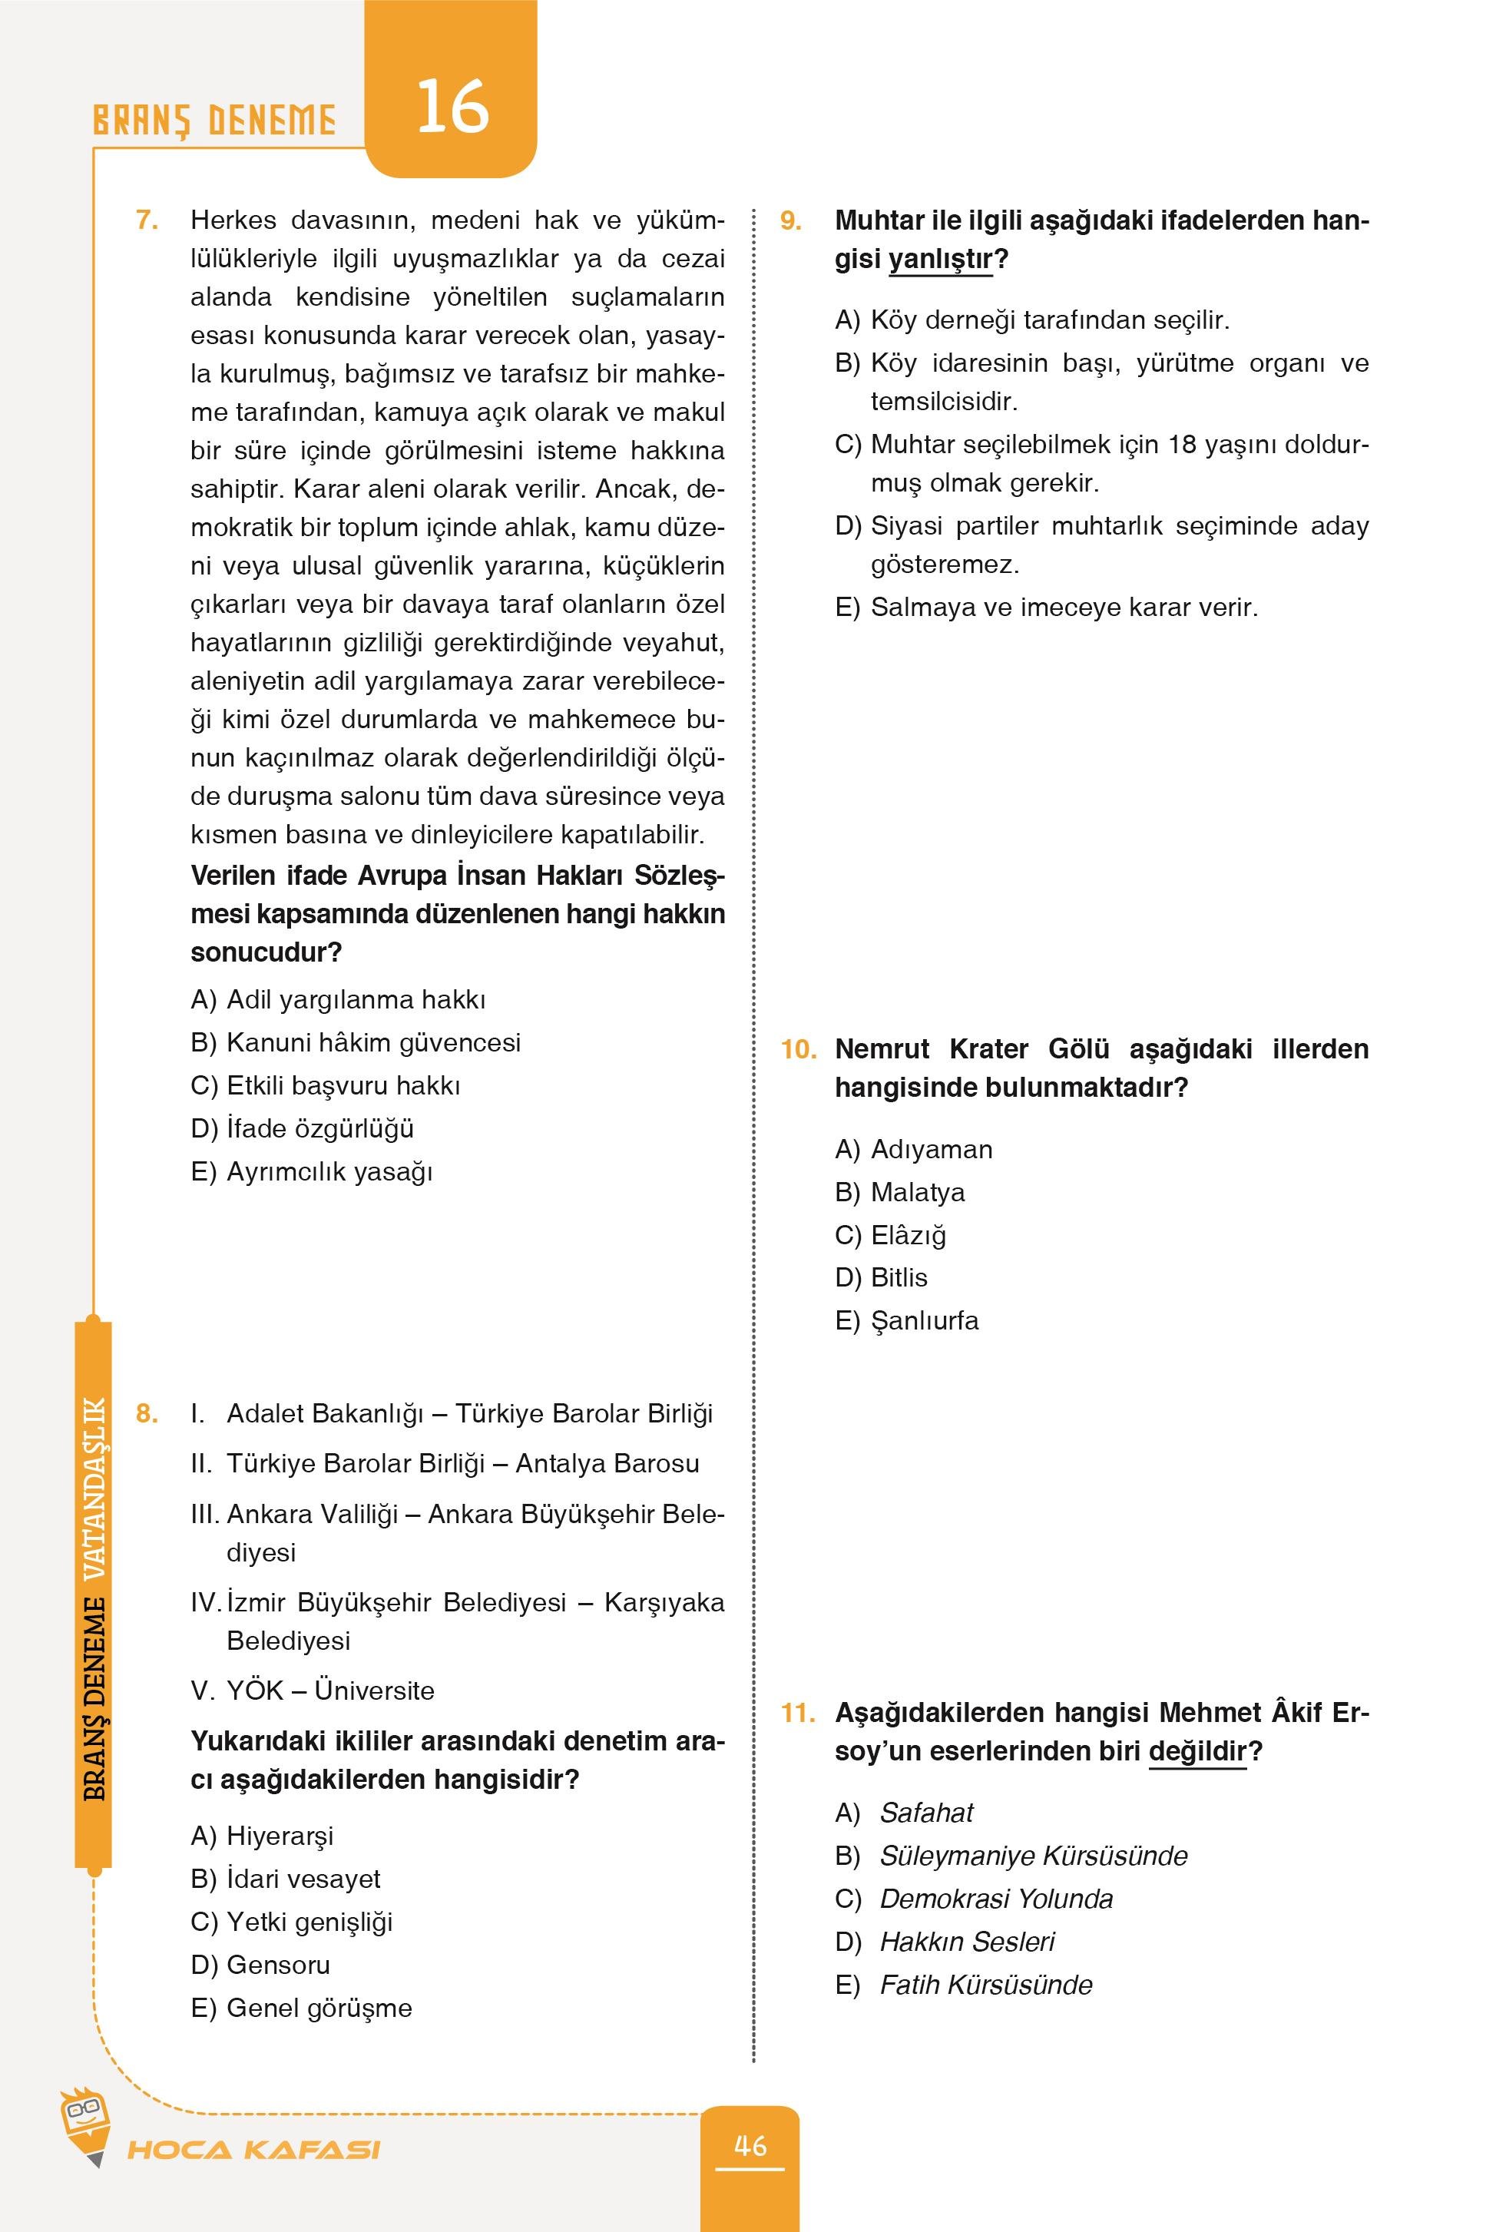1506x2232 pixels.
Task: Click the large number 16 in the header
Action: (x=452, y=107)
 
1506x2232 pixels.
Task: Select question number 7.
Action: (x=146, y=220)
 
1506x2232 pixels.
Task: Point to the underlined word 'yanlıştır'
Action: (x=940, y=260)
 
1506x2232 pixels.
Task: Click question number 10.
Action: (x=797, y=1048)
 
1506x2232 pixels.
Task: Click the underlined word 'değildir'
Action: (x=1197, y=1751)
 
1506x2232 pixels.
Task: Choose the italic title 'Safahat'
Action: (x=926, y=1813)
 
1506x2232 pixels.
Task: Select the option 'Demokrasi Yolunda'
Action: (x=996, y=1899)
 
